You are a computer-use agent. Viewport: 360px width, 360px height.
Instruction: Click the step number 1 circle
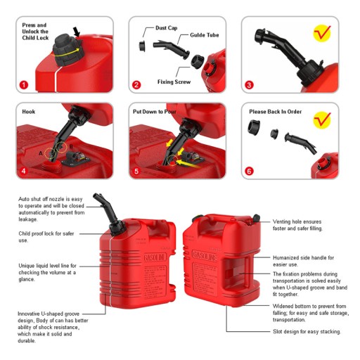(24, 84)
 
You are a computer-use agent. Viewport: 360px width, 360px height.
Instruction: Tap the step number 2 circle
(136, 84)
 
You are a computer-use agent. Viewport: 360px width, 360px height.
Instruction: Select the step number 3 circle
(249, 84)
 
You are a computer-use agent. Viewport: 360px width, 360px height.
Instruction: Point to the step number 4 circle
(24, 171)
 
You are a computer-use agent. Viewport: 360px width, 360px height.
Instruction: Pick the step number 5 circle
(136, 171)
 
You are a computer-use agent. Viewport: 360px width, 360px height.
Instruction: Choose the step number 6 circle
(249, 171)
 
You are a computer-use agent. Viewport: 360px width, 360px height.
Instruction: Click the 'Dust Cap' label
(167, 28)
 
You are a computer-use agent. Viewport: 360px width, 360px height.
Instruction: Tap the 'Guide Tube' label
(205, 35)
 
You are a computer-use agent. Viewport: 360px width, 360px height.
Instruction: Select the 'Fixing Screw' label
(174, 82)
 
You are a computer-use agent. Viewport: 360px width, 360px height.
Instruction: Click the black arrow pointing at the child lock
(77, 32)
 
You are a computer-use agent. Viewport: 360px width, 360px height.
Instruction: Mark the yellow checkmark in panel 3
(322, 33)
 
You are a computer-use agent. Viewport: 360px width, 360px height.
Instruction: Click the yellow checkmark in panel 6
(322, 119)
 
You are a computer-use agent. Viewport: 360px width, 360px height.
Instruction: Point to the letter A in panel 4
(41, 153)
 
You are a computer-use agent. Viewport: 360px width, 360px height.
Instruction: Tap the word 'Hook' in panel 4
(29, 112)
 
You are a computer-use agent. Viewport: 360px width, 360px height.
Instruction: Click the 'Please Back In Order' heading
(276, 112)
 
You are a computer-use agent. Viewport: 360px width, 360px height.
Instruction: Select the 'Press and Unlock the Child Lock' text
(35, 32)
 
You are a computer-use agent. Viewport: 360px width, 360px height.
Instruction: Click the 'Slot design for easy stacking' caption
(307, 331)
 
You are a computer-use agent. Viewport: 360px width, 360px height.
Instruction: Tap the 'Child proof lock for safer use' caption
(46, 237)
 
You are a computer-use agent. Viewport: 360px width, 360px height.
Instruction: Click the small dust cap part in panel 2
(142, 46)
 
